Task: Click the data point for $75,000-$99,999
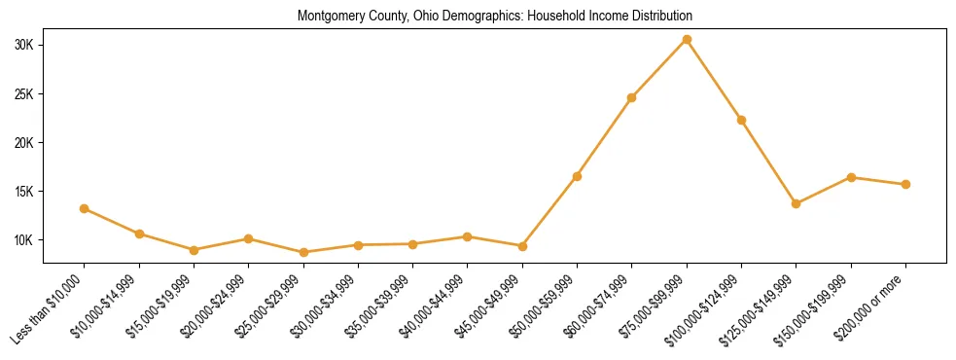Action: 687,39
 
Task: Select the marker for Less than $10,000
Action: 85,208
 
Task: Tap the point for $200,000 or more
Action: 905,184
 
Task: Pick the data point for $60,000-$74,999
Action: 632,97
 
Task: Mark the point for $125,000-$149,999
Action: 797,203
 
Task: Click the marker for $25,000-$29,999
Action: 303,252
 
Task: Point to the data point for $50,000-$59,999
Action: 577,176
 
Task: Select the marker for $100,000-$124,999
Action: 741,120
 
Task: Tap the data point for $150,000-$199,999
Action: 851,177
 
